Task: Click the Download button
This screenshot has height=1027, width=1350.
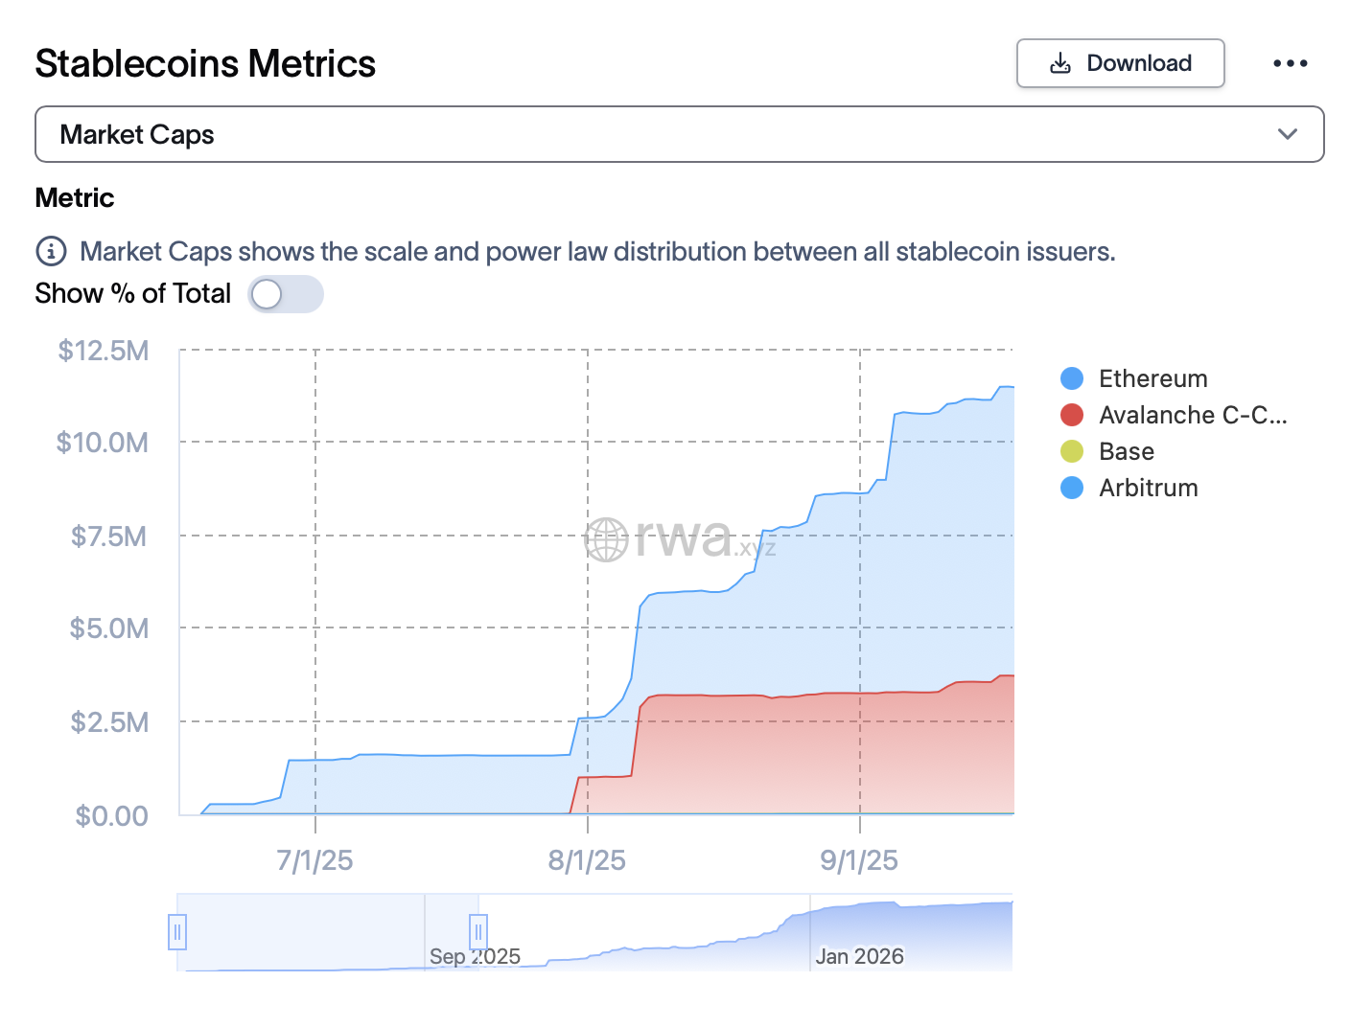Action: [1120, 63]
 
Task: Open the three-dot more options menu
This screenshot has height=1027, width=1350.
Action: [1290, 63]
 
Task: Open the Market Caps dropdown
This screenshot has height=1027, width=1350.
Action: [679, 134]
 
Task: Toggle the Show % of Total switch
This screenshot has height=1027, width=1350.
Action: [285, 294]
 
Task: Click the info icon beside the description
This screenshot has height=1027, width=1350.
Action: [51, 251]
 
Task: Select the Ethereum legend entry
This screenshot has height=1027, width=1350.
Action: [1152, 378]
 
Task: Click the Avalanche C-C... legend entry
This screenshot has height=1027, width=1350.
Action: [1192, 415]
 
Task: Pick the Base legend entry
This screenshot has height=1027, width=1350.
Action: [1126, 451]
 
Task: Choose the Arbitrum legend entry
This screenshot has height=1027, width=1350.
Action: [1148, 488]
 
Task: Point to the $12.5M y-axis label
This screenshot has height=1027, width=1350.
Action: [104, 351]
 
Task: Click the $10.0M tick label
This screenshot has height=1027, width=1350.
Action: [103, 443]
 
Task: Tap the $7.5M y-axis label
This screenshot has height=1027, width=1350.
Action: [108, 536]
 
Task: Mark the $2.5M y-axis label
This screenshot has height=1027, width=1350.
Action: [109, 721]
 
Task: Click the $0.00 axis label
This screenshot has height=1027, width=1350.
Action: [112, 815]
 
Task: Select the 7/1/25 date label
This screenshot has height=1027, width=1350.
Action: [314, 860]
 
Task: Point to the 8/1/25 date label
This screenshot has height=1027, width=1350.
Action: [587, 860]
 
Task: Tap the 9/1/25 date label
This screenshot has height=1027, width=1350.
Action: [859, 860]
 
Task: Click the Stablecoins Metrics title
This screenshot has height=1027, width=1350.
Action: [205, 63]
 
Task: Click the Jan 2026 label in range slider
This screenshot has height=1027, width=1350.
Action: [859, 956]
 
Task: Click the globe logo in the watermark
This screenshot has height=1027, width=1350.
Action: [606, 539]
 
